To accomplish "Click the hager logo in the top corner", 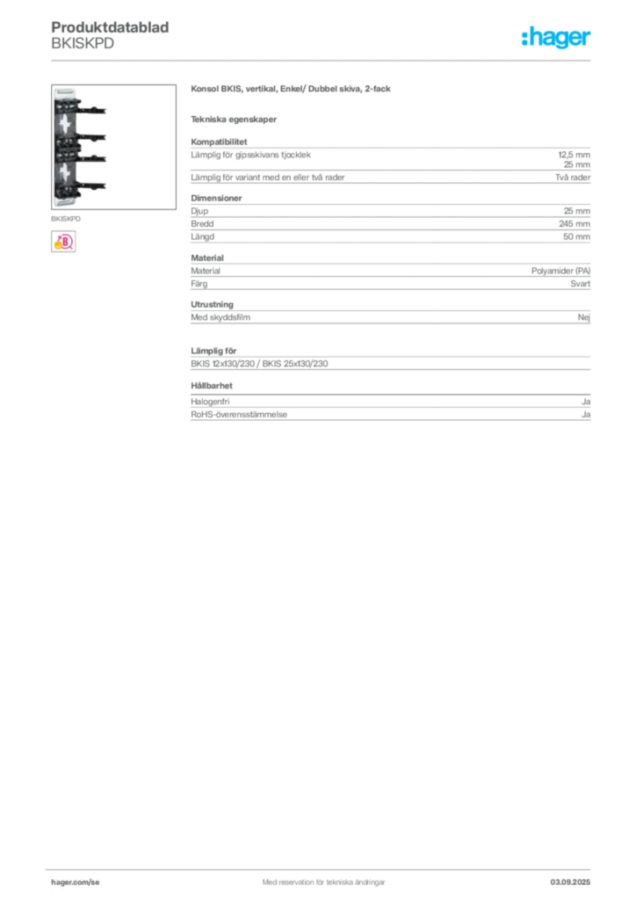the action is pyautogui.click(x=555, y=37).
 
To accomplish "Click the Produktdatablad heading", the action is pyautogui.click(x=110, y=27).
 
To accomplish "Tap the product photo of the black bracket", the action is pyautogui.click(x=113, y=147).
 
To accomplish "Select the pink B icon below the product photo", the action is pyautogui.click(x=63, y=242).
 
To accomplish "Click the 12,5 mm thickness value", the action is pyautogui.click(x=574, y=155).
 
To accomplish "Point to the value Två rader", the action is pyautogui.click(x=573, y=178).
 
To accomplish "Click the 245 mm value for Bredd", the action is pyautogui.click(x=574, y=224).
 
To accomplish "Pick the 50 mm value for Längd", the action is pyautogui.click(x=576, y=236).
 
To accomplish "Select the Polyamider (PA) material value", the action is pyautogui.click(x=560, y=271).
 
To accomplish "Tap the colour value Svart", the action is pyautogui.click(x=581, y=284).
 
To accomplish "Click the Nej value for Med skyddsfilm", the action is pyautogui.click(x=584, y=316).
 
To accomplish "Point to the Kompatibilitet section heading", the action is pyautogui.click(x=219, y=142).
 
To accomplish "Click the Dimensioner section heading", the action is pyautogui.click(x=216, y=198).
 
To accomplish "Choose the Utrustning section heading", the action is pyautogui.click(x=213, y=304).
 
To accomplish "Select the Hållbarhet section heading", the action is pyautogui.click(x=212, y=386).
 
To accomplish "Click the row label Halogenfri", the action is pyautogui.click(x=210, y=402).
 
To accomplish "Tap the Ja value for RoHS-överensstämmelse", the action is pyautogui.click(x=586, y=415).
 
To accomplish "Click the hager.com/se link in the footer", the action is pyautogui.click(x=76, y=882).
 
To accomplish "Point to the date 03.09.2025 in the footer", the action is pyautogui.click(x=570, y=882).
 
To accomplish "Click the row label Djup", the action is pyautogui.click(x=199, y=211).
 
